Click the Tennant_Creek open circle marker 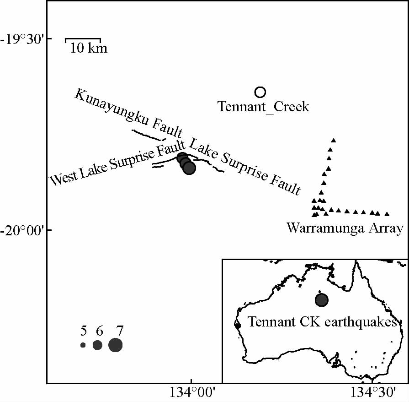[x=260, y=92]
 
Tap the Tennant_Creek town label [x=264, y=107]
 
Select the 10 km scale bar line [x=83, y=39]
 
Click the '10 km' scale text [x=89, y=48]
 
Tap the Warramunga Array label [x=345, y=228]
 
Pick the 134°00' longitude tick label [x=191, y=392]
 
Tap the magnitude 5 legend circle [x=83, y=345]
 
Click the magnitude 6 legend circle [x=97, y=345]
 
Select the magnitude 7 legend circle [x=115, y=345]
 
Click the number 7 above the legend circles [x=120, y=331]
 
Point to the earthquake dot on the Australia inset [x=322, y=300]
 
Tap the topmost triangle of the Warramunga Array [x=334, y=140]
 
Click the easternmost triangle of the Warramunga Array [x=387, y=214]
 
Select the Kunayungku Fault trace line [x=148, y=135]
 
